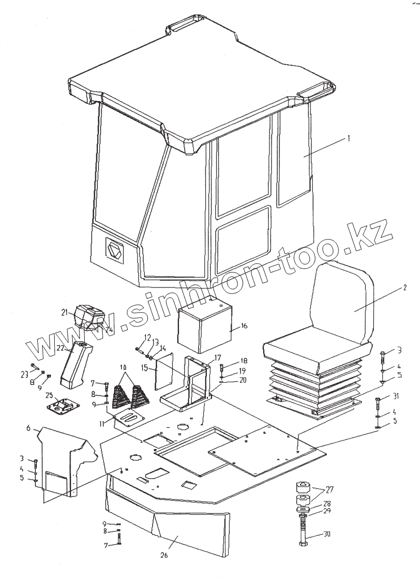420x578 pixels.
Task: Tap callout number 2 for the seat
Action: pos(405,287)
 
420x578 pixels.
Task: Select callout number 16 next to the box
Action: pos(244,326)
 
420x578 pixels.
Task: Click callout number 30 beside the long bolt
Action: pos(327,535)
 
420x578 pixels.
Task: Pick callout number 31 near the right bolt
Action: pos(395,396)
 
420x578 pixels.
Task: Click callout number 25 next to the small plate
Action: pos(48,395)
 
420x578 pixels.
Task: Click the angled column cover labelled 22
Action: pos(74,363)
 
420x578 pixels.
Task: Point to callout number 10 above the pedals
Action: pos(123,367)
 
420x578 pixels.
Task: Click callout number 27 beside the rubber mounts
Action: pos(330,490)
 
